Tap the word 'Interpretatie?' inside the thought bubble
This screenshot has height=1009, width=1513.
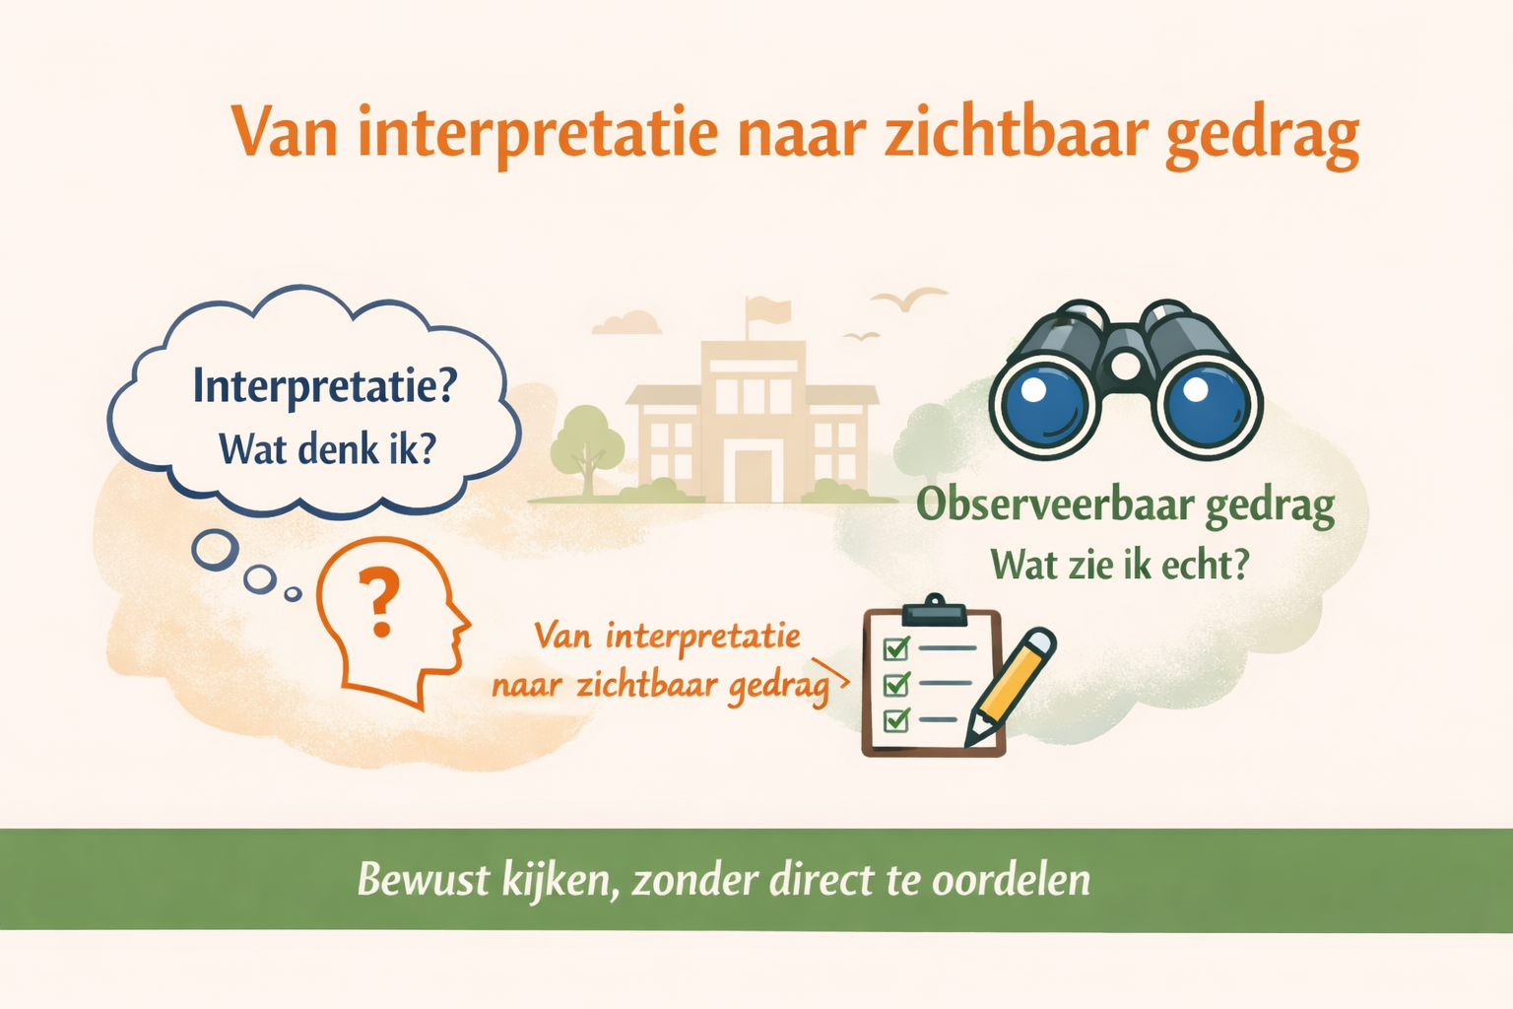[x=324, y=385]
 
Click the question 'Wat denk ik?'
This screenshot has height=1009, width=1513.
[x=327, y=449]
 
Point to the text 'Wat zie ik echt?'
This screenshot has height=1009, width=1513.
[x=1120, y=566]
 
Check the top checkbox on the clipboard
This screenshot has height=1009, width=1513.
[x=895, y=648]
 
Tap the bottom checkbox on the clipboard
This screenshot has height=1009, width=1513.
[x=895, y=720]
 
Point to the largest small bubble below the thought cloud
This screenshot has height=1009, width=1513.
[x=215, y=549]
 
